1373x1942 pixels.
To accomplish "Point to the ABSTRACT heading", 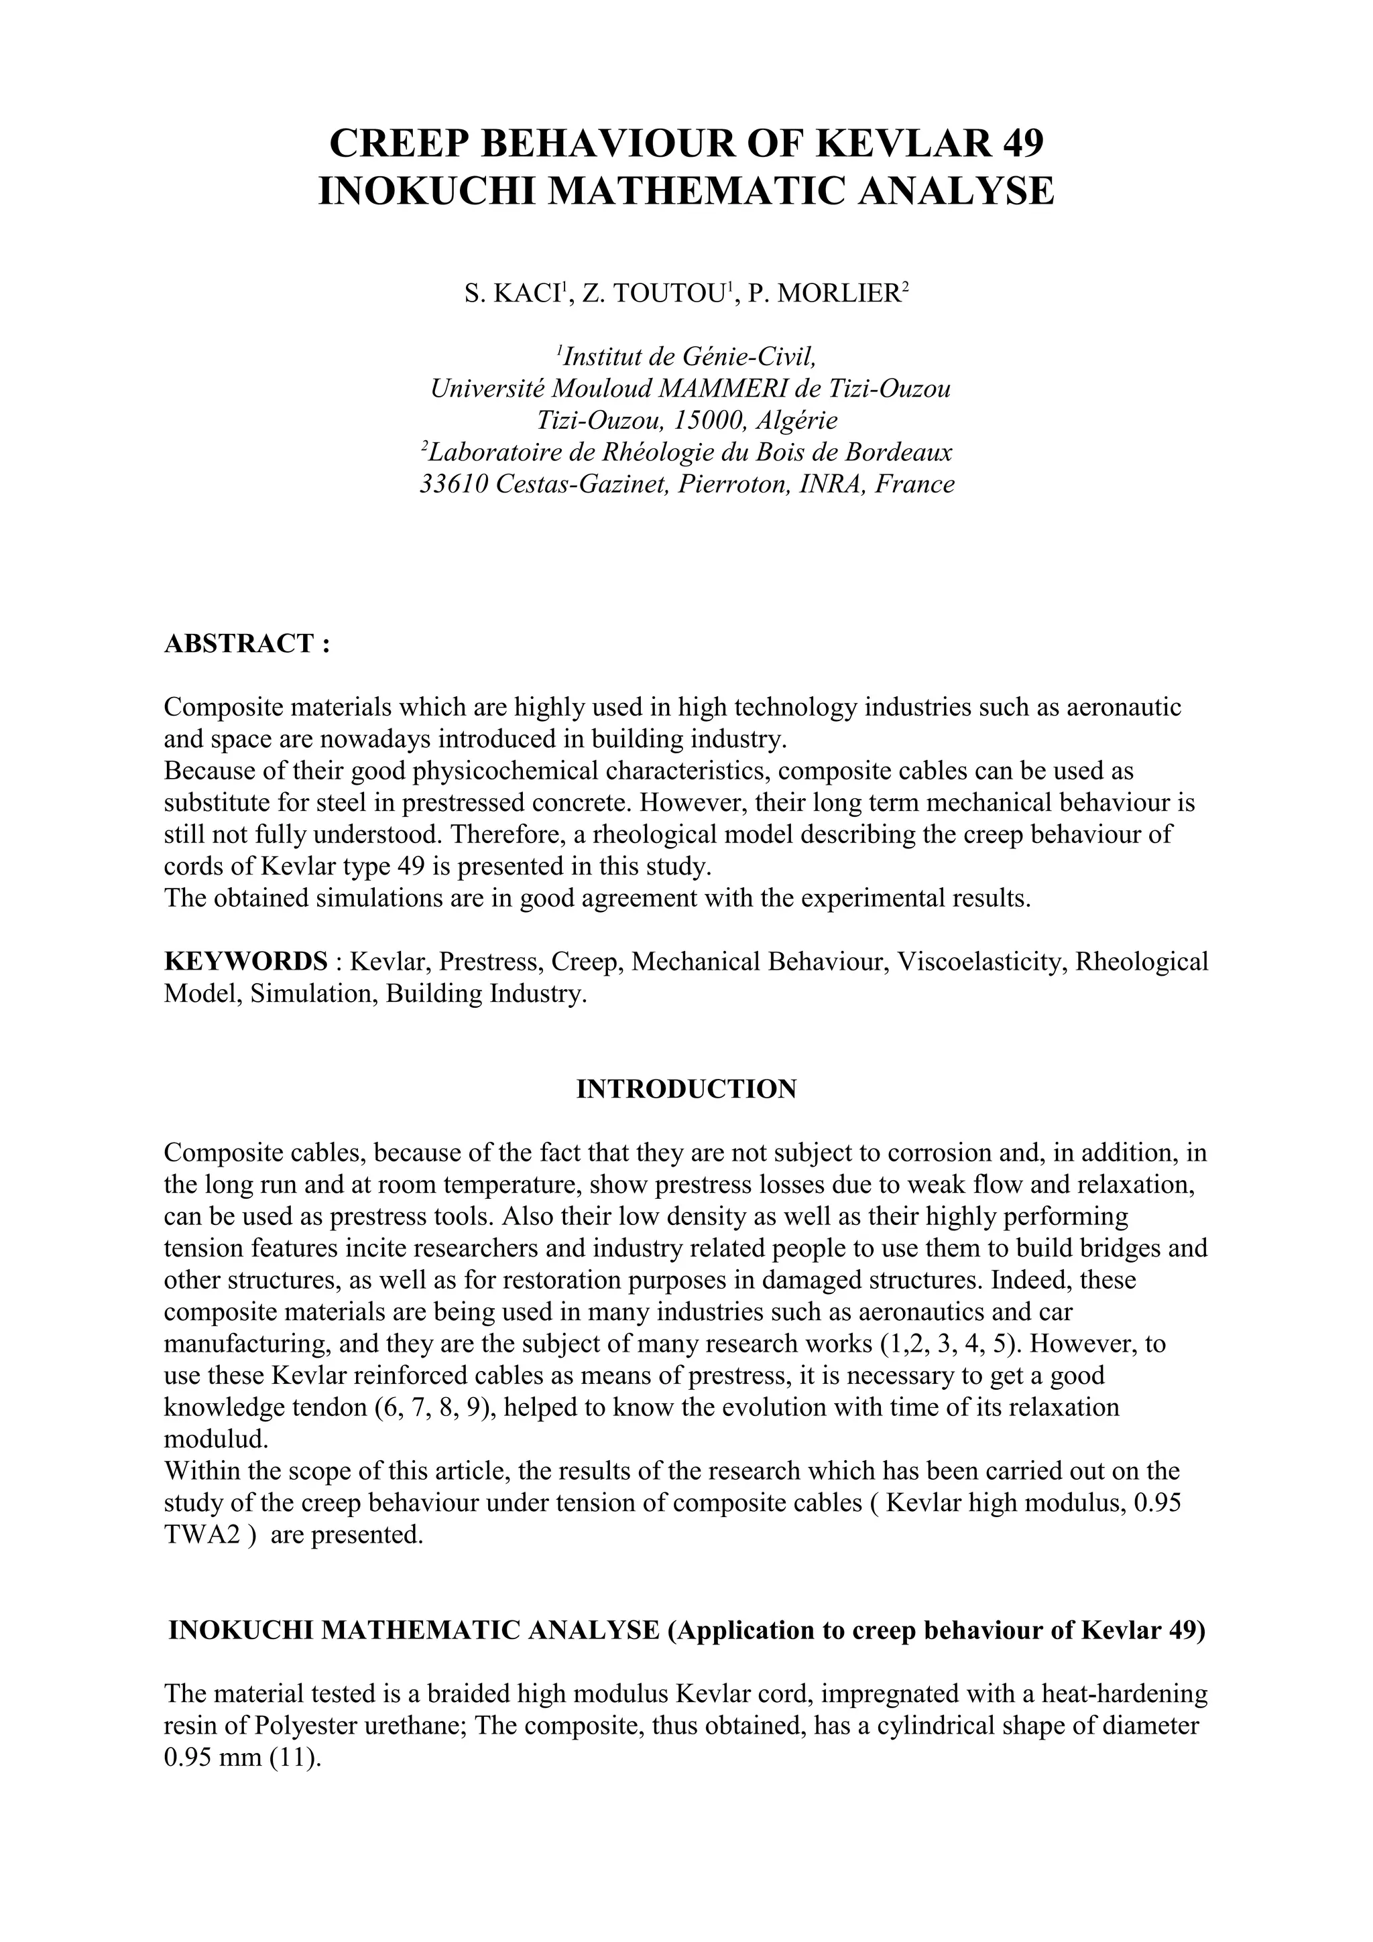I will (245, 644).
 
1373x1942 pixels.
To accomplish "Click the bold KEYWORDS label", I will (245, 962).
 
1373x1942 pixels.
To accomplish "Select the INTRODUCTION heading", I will (686, 1088).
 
